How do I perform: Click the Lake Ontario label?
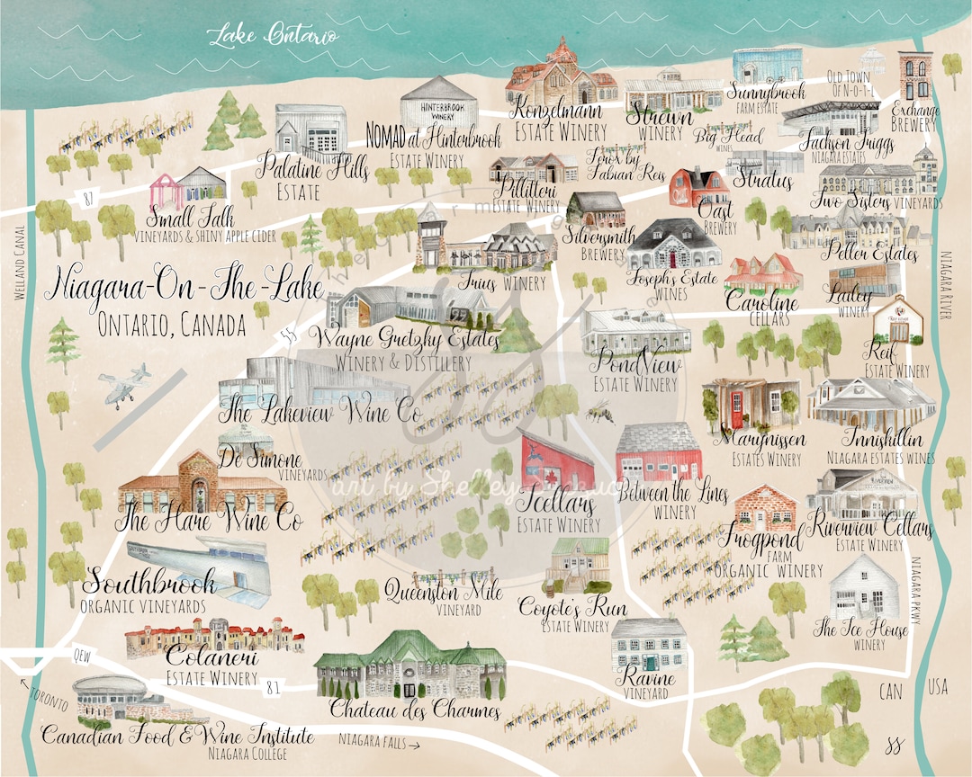274,35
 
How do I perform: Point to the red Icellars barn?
557,460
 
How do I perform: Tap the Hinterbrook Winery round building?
438,102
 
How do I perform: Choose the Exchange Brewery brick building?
914,77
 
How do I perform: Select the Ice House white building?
864,585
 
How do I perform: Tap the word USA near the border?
939,689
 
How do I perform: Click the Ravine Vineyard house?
649,644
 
